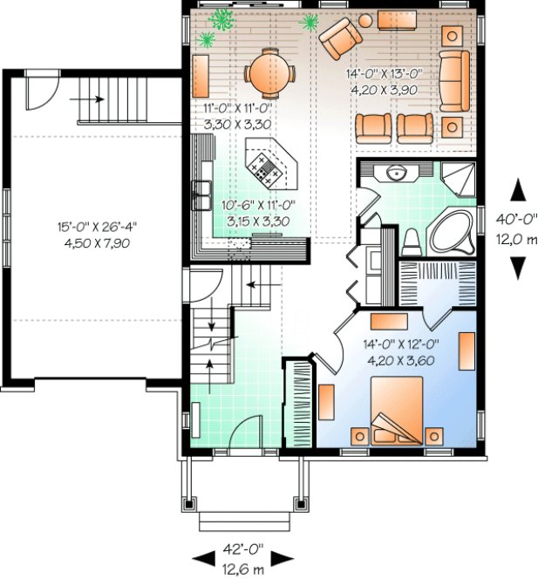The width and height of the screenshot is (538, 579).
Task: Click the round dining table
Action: coord(264,72)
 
